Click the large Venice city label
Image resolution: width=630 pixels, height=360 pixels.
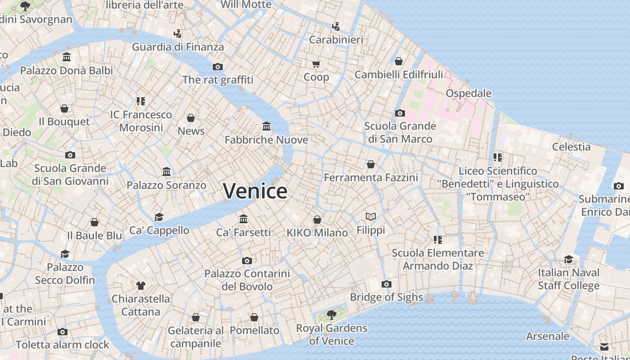(x=255, y=191)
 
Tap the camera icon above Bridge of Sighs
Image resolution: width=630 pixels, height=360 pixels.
(x=386, y=284)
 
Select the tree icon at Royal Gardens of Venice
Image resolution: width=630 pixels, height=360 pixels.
(x=332, y=315)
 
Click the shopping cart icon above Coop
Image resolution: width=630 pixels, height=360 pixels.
(x=316, y=64)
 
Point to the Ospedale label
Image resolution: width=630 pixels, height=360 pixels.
(x=468, y=93)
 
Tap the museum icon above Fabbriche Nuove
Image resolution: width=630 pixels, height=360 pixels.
(x=266, y=126)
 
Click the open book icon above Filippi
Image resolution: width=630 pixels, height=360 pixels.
(x=371, y=217)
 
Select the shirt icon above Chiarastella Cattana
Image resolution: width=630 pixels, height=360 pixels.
(x=141, y=285)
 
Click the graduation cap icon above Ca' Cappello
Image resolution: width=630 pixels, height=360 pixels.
(x=159, y=217)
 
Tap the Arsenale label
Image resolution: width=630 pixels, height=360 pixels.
(x=548, y=336)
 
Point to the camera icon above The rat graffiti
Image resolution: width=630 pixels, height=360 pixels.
(x=218, y=67)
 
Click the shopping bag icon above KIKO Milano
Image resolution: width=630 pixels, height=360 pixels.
(x=317, y=220)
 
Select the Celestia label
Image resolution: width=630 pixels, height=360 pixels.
(x=571, y=147)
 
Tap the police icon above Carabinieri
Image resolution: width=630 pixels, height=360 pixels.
(x=336, y=27)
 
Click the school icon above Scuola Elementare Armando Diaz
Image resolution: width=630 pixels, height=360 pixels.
(x=437, y=239)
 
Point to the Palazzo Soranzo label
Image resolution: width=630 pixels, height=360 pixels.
(x=166, y=185)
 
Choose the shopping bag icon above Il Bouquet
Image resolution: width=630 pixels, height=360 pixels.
(x=64, y=108)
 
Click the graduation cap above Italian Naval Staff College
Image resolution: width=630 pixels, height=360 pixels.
(x=568, y=259)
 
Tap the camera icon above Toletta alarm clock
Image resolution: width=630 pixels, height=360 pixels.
(x=63, y=332)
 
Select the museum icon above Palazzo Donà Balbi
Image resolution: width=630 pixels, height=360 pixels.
(x=67, y=57)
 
